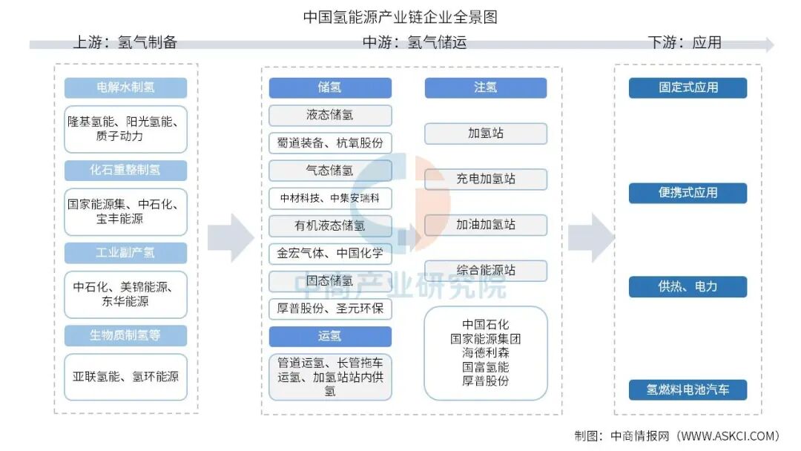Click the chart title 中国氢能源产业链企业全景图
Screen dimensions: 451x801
click(x=400, y=16)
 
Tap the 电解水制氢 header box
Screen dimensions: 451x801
click(x=125, y=88)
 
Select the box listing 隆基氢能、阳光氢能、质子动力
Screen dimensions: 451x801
click(x=125, y=128)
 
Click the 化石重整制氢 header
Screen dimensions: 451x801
click(x=125, y=170)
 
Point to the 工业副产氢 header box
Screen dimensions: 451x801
click(x=125, y=253)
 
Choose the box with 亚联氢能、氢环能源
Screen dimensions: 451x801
click(x=125, y=377)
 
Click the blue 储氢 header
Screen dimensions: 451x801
click(x=329, y=88)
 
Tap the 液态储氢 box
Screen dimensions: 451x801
click(x=329, y=115)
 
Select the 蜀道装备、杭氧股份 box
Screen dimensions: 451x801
click(x=329, y=142)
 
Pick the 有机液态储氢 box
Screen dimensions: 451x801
click(x=329, y=225)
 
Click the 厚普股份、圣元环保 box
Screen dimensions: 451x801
click(x=329, y=308)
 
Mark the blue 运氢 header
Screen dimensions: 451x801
click(x=329, y=336)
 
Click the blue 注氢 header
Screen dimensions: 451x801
click(x=485, y=88)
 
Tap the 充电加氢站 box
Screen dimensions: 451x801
click(x=485, y=179)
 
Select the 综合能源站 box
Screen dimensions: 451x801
click(x=485, y=271)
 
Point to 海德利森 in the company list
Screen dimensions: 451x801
click(x=485, y=353)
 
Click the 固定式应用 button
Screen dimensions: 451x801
click(x=688, y=88)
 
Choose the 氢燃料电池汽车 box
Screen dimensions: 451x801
click(x=688, y=390)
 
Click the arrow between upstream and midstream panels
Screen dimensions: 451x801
click(x=231, y=237)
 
